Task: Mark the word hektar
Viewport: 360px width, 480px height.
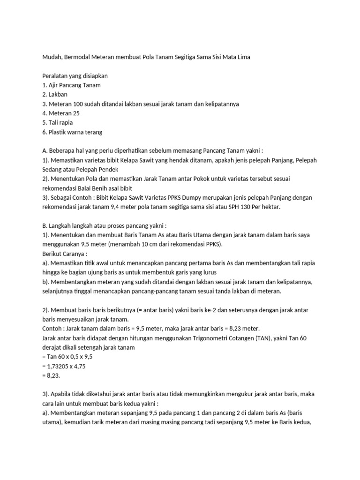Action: click(272, 207)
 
